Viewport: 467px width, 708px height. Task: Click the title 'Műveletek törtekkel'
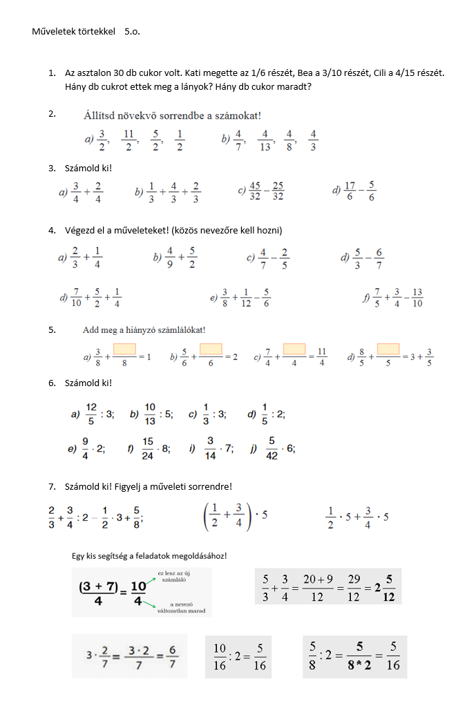click(75, 32)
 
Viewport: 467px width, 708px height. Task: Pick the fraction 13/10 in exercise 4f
click(417, 298)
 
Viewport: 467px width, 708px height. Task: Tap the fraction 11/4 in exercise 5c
click(321, 356)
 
